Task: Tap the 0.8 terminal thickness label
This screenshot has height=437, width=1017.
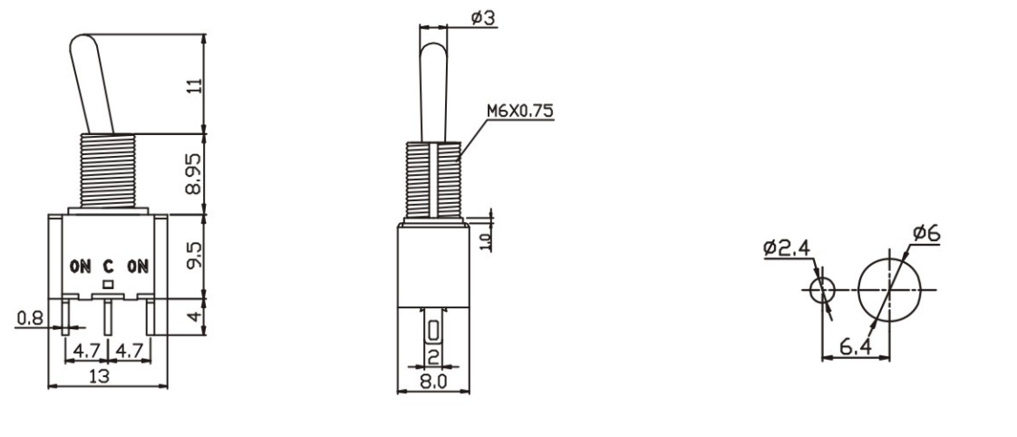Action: (27, 319)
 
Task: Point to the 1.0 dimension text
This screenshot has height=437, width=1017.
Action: (485, 241)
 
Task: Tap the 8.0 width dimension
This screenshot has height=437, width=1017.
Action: (434, 383)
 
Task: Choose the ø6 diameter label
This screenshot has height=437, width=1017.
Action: (926, 233)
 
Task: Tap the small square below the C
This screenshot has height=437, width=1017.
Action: (108, 283)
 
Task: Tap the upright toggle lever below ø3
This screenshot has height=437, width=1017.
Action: (432, 91)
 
